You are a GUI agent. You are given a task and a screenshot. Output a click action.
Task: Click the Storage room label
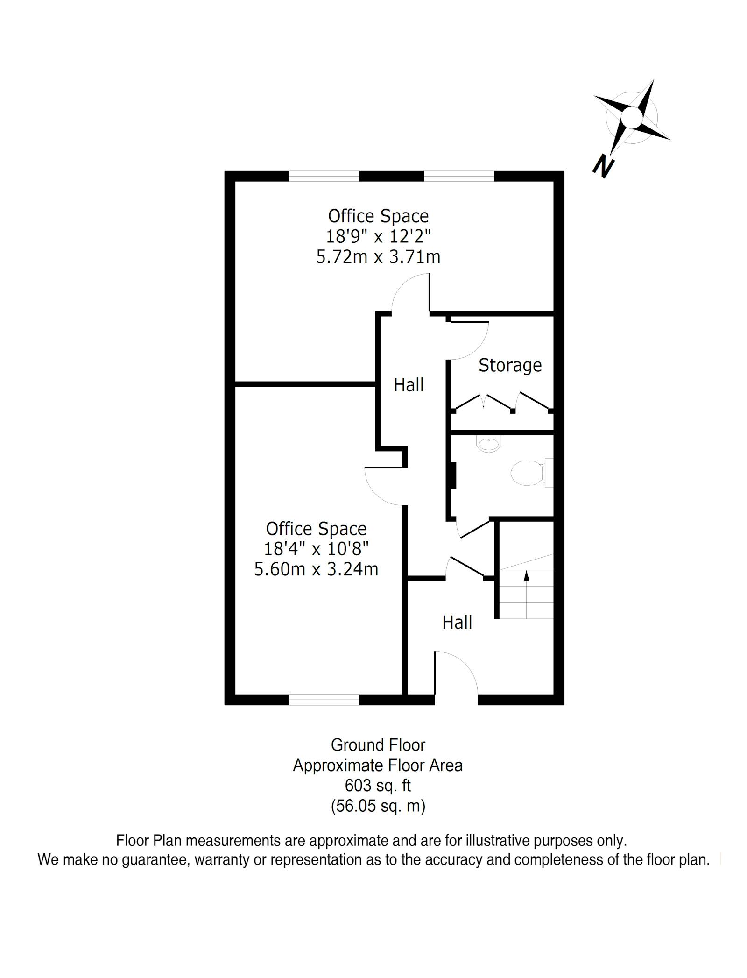510,365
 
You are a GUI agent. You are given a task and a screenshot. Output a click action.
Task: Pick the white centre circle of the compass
632,116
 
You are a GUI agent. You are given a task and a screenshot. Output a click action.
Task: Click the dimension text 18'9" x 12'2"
378,236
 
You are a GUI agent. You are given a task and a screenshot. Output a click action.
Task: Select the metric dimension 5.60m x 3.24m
316,569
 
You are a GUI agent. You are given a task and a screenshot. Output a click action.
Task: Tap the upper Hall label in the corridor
409,385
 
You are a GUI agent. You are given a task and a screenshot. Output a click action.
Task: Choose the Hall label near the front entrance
457,622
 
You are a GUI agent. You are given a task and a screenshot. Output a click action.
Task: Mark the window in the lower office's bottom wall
324,700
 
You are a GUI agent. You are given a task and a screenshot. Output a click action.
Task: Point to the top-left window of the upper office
324,176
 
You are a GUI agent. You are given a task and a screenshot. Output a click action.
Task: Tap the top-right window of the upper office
458,176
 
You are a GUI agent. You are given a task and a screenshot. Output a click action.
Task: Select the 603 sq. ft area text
378,786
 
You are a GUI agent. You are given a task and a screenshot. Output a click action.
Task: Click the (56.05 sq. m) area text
378,806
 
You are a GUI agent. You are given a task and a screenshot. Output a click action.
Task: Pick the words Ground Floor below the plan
378,745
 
